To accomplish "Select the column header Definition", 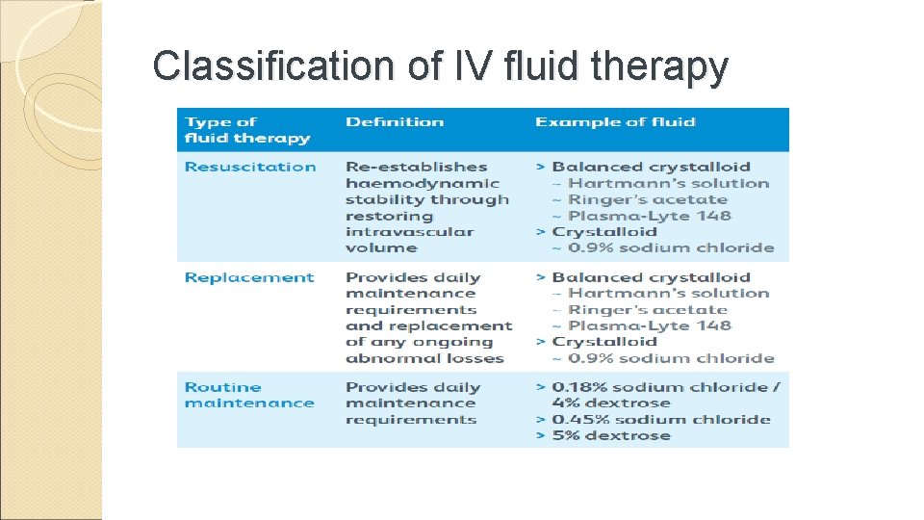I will coord(395,122).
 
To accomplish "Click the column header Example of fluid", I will coord(615,122).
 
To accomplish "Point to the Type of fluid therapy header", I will coord(247,130).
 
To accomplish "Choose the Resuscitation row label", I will coord(250,167).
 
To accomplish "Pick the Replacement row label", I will coord(249,277).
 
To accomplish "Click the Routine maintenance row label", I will coord(249,395).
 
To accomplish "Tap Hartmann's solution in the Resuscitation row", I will coord(668,183).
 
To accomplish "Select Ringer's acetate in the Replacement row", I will coord(647,310).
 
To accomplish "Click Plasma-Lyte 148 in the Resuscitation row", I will coord(649,216).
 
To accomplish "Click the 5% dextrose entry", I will coord(610,435).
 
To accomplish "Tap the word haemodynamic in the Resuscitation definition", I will coord(423,183).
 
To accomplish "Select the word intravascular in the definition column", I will coord(410,231).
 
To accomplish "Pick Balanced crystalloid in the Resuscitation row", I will coord(651,167).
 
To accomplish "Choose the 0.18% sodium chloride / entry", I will coord(666,387).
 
